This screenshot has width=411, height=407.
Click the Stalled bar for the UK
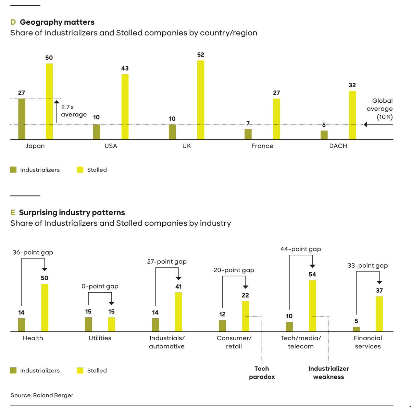click(x=201, y=100)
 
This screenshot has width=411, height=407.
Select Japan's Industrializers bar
click(x=22, y=119)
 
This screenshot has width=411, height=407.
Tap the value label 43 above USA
click(x=125, y=68)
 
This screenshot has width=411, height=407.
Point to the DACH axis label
click(x=338, y=146)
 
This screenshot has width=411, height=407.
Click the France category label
click(x=262, y=146)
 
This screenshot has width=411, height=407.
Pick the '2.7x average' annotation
click(x=74, y=111)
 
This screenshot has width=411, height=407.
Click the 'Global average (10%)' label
click(x=380, y=109)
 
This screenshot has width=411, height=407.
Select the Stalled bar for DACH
click(x=352, y=115)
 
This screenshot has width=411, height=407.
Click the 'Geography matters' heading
click(x=57, y=22)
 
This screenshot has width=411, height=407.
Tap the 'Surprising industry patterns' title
click(x=72, y=213)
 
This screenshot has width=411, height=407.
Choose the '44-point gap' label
click(x=301, y=249)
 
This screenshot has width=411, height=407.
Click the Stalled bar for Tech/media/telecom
click(x=312, y=306)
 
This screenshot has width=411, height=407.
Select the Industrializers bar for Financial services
click(x=357, y=329)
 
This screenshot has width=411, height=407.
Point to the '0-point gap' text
click(x=100, y=286)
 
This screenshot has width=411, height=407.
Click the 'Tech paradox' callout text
click(x=262, y=373)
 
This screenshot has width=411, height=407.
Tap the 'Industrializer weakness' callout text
click(x=328, y=373)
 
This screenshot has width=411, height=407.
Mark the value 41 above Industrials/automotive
click(x=178, y=287)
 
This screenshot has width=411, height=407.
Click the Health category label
click(x=33, y=338)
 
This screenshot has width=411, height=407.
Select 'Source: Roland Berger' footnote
click(x=42, y=395)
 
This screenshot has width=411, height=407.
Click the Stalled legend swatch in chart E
click(x=80, y=370)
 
